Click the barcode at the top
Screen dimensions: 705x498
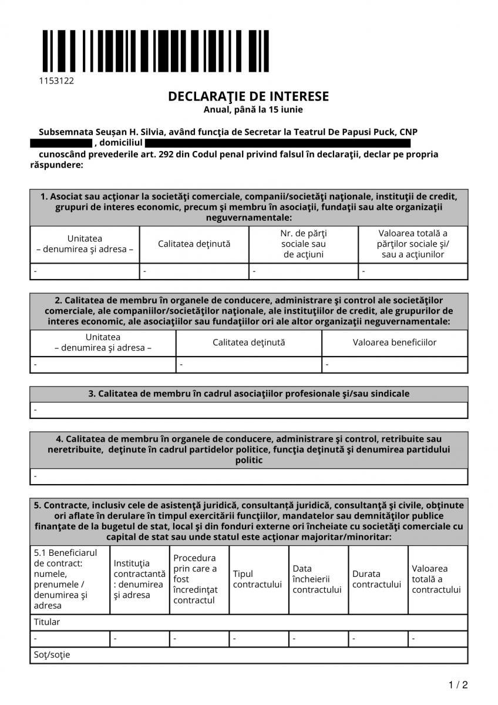[x=155, y=51]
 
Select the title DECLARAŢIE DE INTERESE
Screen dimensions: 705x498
[x=248, y=96]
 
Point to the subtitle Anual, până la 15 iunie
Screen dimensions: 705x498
[x=249, y=109]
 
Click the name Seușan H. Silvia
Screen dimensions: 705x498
[x=121, y=132]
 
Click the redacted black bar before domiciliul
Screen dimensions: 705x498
[x=60, y=143]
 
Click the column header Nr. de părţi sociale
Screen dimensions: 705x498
[x=303, y=244]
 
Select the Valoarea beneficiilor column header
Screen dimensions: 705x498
[x=395, y=342]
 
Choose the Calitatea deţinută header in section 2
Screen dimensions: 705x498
[x=248, y=342]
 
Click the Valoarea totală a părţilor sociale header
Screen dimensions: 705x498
[x=412, y=244]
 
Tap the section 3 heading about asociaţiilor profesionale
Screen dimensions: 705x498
[x=249, y=394]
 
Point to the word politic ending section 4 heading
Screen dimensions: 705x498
[x=249, y=460]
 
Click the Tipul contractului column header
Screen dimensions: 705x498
[x=257, y=579]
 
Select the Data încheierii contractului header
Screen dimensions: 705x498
[x=317, y=579]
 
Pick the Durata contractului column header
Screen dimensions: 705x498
[x=376, y=579]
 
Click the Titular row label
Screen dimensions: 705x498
[x=47, y=622]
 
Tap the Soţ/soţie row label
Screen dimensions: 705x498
[x=52, y=654]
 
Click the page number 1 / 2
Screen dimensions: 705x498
[x=458, y=685]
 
